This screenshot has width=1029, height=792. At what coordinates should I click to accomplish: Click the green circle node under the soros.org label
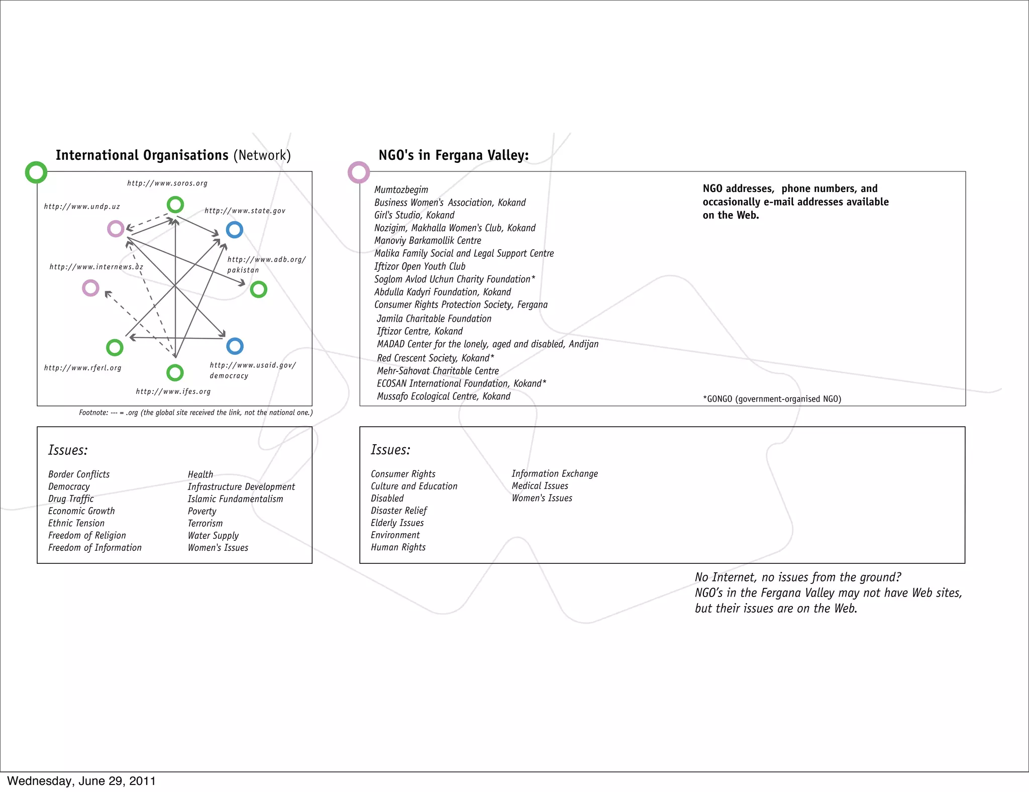point(175,205)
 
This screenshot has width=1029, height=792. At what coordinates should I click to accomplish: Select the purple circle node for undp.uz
point(116,229)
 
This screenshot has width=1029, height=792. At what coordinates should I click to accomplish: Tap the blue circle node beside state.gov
point(235,230)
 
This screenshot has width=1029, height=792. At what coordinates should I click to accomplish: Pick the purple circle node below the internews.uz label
point(90,288)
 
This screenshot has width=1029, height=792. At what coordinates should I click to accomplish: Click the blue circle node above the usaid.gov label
point(235,346)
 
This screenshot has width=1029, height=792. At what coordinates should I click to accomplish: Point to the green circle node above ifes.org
point(175,372)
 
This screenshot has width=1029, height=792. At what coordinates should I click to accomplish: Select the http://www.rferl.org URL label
point(83,368)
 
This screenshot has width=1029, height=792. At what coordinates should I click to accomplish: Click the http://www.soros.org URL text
point(167,183)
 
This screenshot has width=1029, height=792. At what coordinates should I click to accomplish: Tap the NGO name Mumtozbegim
point(401,189)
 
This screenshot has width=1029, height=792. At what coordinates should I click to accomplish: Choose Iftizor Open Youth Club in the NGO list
point(420,266)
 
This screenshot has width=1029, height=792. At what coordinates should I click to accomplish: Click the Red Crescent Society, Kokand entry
point(435,358)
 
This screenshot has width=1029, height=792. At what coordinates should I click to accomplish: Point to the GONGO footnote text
point(772,399)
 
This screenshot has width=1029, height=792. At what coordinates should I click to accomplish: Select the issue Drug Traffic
point(71,499)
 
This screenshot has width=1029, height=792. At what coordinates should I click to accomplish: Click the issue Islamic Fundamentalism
point(235,499)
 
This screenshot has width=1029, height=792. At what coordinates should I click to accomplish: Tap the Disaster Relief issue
point(398,511)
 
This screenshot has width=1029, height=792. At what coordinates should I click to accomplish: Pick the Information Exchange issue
point(555,473)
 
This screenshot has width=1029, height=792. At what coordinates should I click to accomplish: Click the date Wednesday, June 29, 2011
point(81,781)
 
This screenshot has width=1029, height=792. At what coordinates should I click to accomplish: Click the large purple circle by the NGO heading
point(359,172)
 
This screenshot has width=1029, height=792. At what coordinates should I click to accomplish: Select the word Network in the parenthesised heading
point(262,155)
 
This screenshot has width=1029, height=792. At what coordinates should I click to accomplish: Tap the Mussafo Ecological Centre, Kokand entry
point(444,396)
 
